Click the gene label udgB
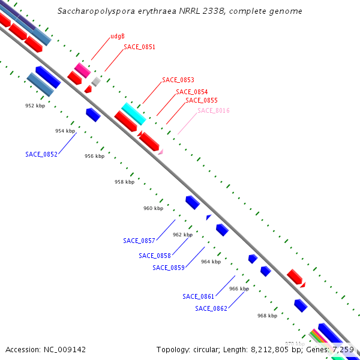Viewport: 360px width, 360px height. tap(118, 37)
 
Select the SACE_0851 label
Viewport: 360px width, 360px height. tap(139, 47)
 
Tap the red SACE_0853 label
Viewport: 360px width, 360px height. tap(178, 80)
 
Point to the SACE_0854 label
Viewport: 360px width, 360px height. tap(191, 92)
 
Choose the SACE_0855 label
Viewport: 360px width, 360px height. tap(201, 100)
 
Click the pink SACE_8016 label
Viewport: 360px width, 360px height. tap(214, 110)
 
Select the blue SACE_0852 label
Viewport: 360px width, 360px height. tap(41, 154)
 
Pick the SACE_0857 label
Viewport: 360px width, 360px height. tap(139, 241)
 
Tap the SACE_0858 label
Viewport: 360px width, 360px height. tap(155, 256)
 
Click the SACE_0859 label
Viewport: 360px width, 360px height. tap(169, 268)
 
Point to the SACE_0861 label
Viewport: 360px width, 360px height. tap(199, 296)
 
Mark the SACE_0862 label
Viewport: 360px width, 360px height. tap(211, 308)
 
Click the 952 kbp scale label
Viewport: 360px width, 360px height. tap(35, 106)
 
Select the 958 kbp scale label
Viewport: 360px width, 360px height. tap(124, 182)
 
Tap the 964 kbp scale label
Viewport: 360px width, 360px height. tap(211, 262)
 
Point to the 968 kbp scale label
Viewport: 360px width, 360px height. tap(267, 316)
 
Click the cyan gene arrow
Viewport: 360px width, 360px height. tap(133, 113)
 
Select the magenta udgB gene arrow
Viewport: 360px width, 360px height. tap(82, 70)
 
